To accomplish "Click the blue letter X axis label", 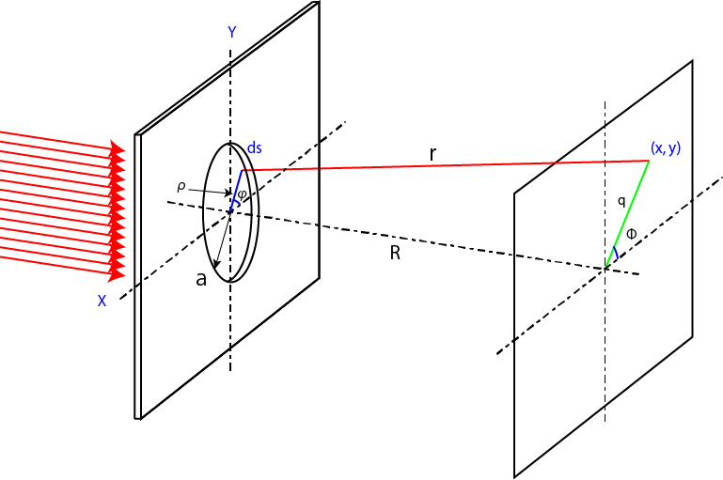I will click(101, 301).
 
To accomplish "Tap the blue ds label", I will click(254, 149).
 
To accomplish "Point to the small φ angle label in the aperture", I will click(242, 194).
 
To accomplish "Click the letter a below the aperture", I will click(200, 279).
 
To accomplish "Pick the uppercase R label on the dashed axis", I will click(395, 253).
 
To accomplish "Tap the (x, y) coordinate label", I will click(666, 148).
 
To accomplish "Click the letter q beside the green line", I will click(621, 201).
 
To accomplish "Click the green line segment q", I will click(628, 213).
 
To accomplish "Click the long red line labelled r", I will click(442, 166).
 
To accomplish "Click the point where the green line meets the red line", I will click(649, 161).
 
